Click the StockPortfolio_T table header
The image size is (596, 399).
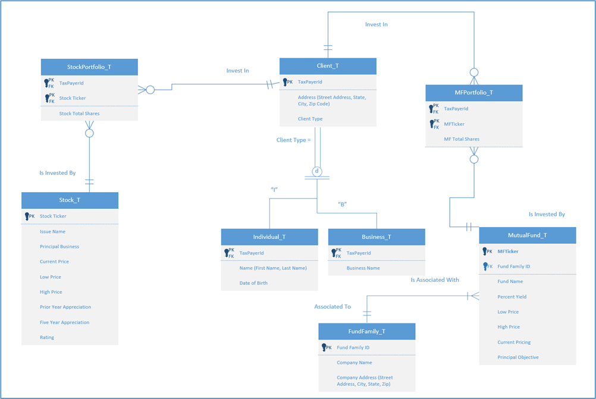pyautogui.click(x=89, y=67)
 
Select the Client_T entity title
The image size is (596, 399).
pyautogui.click(x=328, y=66)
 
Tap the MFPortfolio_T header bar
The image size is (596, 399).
pyautogui.click(x=474, y=93)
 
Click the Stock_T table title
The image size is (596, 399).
pyautogui.click(x=70, y=200)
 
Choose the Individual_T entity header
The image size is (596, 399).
pyautogui.click(x=269, y=237)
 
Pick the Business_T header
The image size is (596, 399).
pyautogui.click(x=377, y=237)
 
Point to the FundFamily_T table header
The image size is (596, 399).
pyautogui.click(x=366, y=331)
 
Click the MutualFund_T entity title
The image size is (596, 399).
pyautogui.click(x=528, y=235)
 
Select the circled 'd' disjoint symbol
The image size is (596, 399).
pyautogui.click(x=317, y=171)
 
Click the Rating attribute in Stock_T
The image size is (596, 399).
pyautogui.click(x=47, y=337)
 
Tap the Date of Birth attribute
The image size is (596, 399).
pyautogui.click(x=253, y=283)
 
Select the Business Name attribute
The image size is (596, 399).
pyautogui.click(x=363, y=268)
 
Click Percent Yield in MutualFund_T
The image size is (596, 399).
pyautogui.click(x=512, y=297)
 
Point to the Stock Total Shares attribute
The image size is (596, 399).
pyautogui.click(x=79, y=114)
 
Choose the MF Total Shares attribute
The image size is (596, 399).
pyautogui.click(x=462, y=139)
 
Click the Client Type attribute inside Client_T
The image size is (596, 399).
pyautogui.click(x=310, y=119)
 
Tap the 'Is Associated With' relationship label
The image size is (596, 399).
pyautogui.click(x=435, y=279)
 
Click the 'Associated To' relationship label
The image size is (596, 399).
pyautogui.click(x=332, y=307)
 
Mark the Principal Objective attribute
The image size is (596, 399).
pyautogui.click(x=518, y=357)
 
